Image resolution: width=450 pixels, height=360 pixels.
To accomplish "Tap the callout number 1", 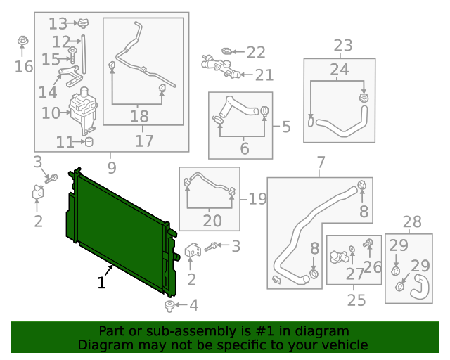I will point(102,283).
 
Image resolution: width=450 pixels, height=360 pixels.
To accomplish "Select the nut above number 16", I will point(22,41).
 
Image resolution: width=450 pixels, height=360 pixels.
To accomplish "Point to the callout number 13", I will point(58,23).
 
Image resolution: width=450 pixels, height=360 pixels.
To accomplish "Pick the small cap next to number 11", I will point(89,143).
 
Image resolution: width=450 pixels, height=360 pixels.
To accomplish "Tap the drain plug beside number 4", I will point(169,305).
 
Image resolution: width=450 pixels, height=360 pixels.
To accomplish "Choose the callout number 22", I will point(256,52).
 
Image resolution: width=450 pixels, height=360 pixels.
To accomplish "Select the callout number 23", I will point(342,46).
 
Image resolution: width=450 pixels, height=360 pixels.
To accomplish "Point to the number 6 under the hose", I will point(245,148).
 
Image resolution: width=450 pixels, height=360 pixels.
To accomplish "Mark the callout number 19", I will point(257,199).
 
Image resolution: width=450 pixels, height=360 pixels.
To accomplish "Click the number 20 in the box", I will point(212,221).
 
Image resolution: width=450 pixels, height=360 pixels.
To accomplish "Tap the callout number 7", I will point(321,164).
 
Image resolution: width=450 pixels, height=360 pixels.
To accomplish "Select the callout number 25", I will point(356,300).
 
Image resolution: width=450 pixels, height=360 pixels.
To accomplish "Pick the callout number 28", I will point(412,222).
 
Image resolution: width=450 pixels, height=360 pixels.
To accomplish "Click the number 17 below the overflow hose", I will point(143,141).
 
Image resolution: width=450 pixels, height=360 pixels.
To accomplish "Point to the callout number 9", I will point(111,167).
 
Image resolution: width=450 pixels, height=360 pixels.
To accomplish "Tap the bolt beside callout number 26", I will point(368,244).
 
